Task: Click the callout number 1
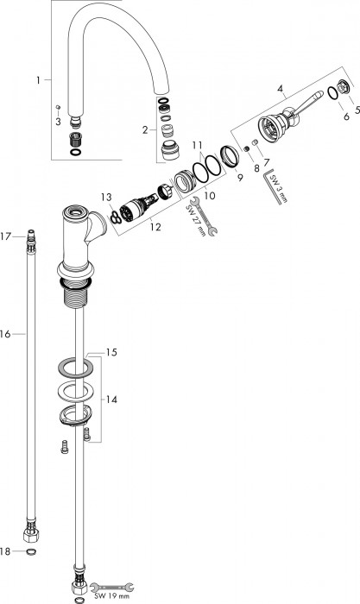click(x=39, y=80)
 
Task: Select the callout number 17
click(x=6, y=235)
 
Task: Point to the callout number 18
click(x=7, y=550)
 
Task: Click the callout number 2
click(x=146, y=129)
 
